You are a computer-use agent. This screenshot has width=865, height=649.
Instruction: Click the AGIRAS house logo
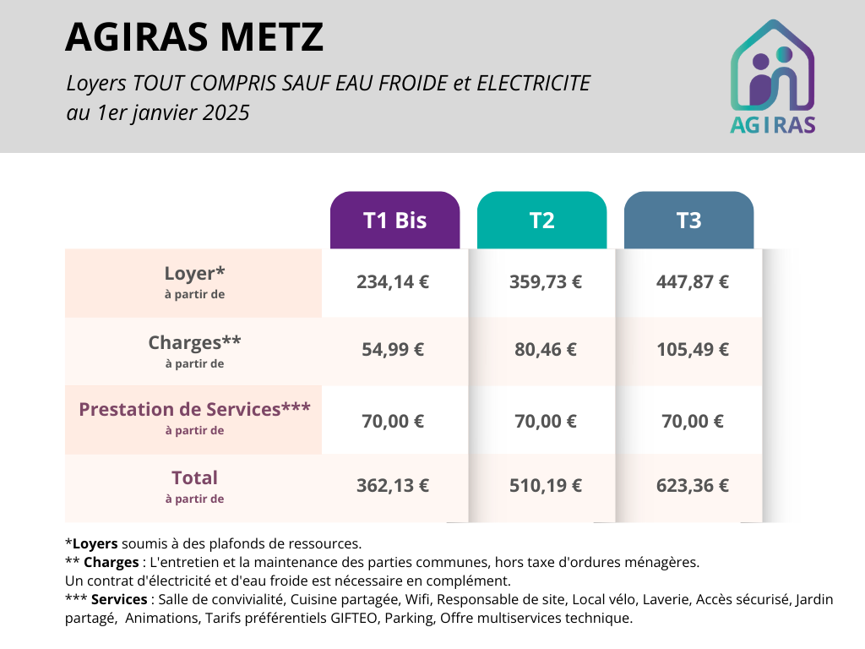click(772, 76)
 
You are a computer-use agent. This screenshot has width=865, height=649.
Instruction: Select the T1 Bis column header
click(394, 221)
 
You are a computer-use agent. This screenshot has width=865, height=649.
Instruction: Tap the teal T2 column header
click(541, 221)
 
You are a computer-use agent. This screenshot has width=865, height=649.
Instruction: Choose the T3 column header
click(688, 221)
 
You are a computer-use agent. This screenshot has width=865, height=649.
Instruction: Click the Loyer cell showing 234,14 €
click(393, 282)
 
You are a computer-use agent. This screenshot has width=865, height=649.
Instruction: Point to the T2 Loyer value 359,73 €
click(545, 282)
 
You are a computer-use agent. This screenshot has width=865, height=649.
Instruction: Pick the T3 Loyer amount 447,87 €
click(693, 282)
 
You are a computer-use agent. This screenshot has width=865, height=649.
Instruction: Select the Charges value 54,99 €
click(393, 350)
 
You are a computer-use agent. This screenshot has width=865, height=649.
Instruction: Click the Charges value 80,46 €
click(545, 350)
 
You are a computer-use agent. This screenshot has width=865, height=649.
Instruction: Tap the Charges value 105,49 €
click(693, 350)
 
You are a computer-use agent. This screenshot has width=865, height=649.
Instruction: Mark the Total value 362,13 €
click(393, 486)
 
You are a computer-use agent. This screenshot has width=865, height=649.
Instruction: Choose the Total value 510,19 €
click(545, 486)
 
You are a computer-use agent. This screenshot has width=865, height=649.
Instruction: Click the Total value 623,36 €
click(693, 486)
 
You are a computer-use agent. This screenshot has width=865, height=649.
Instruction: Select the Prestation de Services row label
click(194, 410)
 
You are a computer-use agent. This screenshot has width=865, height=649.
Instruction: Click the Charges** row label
click(194, 343)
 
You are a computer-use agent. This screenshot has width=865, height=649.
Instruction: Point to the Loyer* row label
click(194, 274)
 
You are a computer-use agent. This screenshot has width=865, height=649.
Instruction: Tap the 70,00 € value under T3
click(693, 421)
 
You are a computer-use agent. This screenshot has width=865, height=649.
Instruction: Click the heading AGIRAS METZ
click(193, 36)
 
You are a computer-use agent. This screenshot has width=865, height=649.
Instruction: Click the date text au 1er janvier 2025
click(158, 112)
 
